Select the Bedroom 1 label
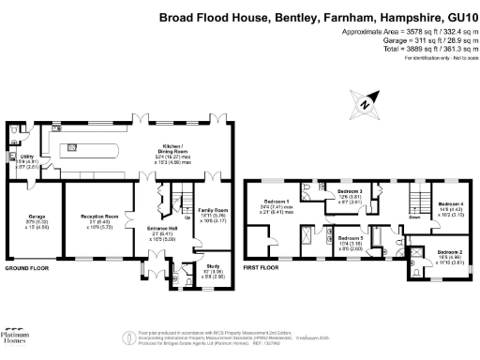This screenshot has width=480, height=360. pyautogui.click(x=276, y=202)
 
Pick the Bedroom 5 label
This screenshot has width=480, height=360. pyautogui.click(x=351, y=238)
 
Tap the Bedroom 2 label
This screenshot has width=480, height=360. pyautogui.click(x=449, y=252)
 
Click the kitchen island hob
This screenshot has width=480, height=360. pyautogui.click(x=70, y=148)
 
